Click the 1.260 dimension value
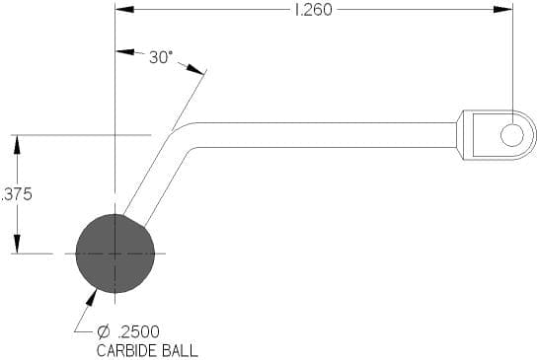coord(313,10)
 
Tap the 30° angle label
coord(161,57)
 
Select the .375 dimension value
coord(17,194)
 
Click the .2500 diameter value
coord(138,331)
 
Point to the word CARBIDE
coord(127,351)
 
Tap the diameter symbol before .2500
coord(103,331)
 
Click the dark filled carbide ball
coord(115,253)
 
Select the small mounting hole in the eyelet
coord(512,135)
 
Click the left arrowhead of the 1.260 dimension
coord(124,10)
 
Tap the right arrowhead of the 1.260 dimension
coord(503,10)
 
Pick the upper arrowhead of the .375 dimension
coord(17,145)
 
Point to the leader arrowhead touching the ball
coord(92,297)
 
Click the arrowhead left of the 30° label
coord(125,52)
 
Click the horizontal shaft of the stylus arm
coord(326,135)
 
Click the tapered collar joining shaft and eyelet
coord(460,135)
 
